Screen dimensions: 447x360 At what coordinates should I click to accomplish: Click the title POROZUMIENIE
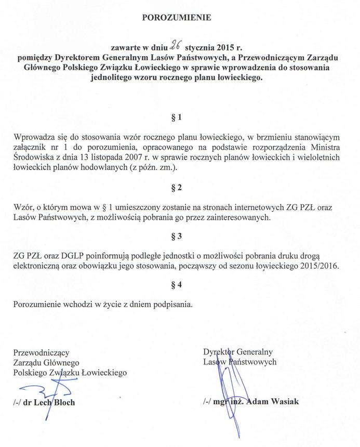177,17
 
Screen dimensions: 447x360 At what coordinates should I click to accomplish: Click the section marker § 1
177,118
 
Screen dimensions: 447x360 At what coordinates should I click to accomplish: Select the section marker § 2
177,186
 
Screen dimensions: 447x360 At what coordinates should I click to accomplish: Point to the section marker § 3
177,236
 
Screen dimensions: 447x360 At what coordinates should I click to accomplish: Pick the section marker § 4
177,285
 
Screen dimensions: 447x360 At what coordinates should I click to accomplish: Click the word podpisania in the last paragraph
174,304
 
